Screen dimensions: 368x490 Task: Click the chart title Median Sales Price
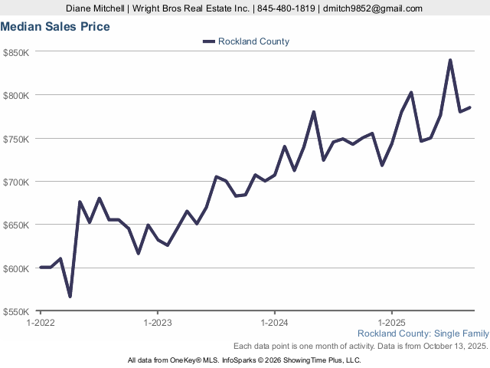coord(55,27)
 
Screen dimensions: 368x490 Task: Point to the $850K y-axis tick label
coord(16,52)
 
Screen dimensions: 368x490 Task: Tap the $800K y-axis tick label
coord(16,95)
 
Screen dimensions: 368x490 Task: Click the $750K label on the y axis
coord(16,139)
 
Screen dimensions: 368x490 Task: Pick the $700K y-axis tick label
coord(16,182)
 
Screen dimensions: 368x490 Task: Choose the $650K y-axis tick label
coord(16,225)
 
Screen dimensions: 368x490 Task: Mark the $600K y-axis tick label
coord(16,268)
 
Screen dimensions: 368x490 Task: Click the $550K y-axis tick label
coord(16,312)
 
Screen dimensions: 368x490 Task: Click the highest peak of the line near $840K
coord(450,60)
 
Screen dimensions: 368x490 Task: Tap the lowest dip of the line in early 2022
coord(70,297)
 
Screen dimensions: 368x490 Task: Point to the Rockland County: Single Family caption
coord(423,333)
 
